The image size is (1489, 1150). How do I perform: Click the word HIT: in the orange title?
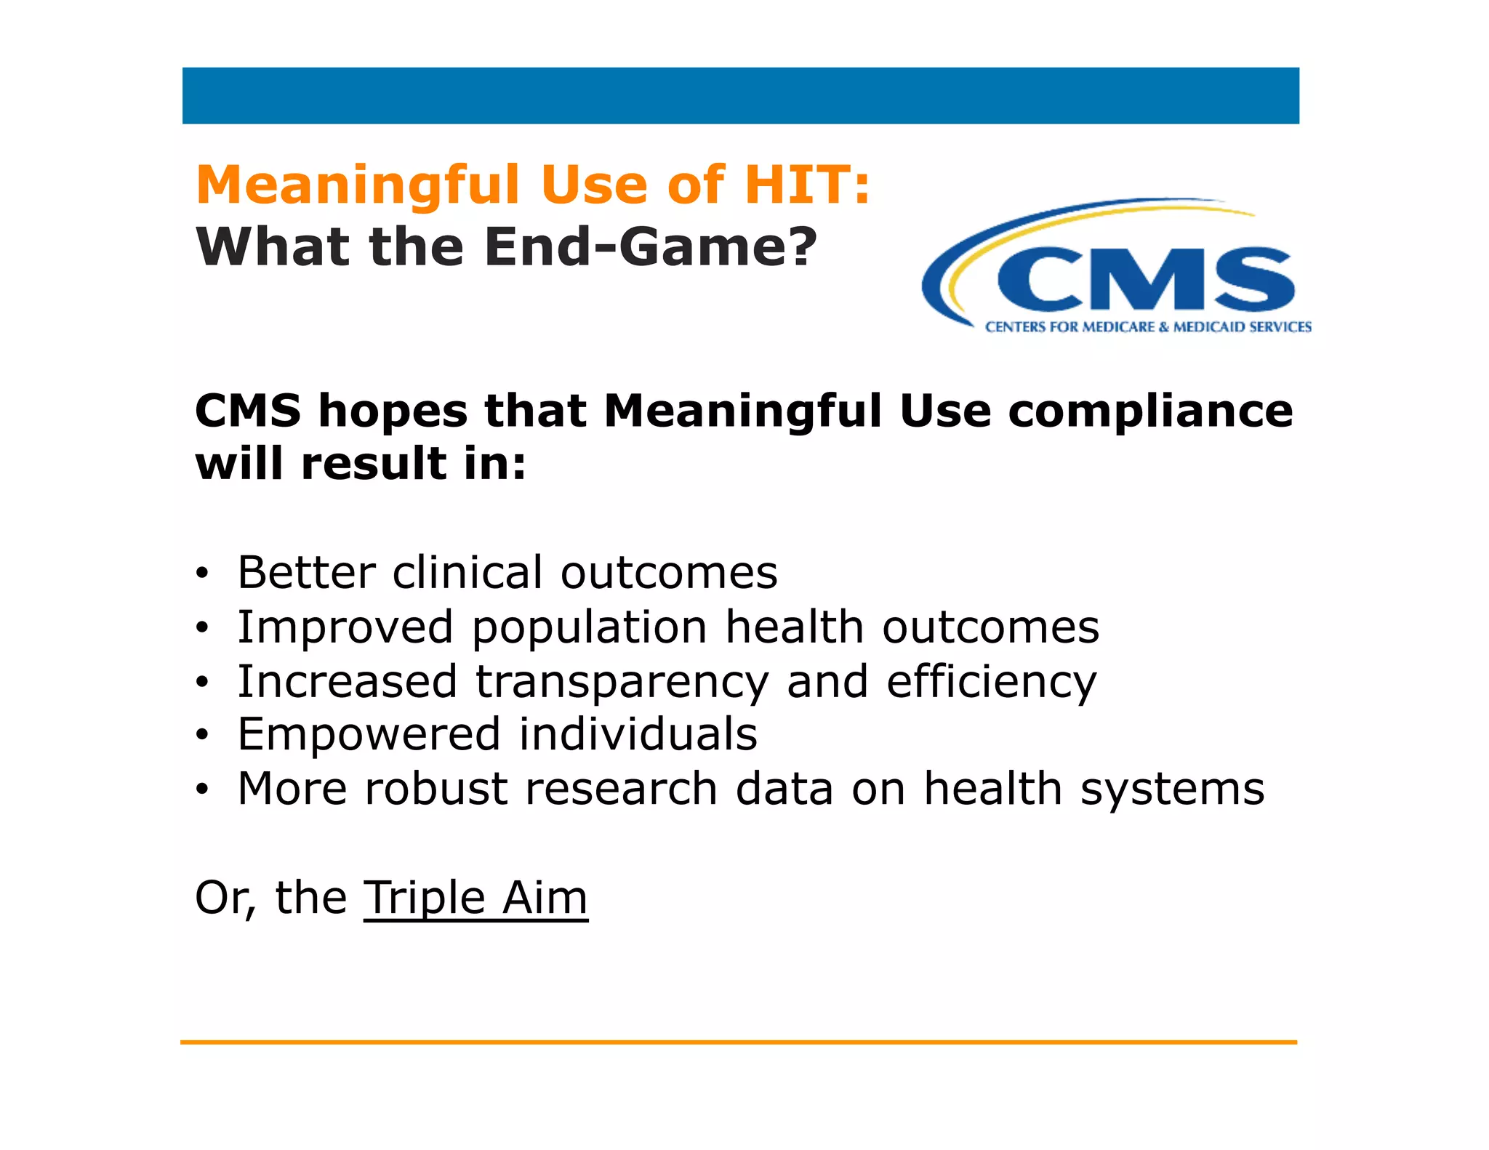pyautogui.click(x=807, y=185)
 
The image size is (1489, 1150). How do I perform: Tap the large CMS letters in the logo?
pyautogui.click(x=1145, y=280)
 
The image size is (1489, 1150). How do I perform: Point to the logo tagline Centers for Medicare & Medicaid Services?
pyautogui.click(x=1148, y=327)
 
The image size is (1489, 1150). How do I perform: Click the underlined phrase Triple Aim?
pyautogui.click(x=475, y=898)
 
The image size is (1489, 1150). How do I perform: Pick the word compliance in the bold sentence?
pyautogui.click(x=1150, y=411)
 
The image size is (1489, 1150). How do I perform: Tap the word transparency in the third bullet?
pyautogui.click(x=622, y=682)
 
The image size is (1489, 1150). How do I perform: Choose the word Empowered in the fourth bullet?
pyautogui.click(x=369, y=734)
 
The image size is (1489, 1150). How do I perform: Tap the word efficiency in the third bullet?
pyautogui.click(x=990, y=682)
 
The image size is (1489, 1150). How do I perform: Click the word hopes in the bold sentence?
pyautogui.click(x=393, y=411)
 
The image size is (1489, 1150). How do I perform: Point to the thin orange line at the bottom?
pyautogui.click(x=738, y=1042)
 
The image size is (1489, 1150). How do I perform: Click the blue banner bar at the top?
pyautogui.click(x=740, y=95)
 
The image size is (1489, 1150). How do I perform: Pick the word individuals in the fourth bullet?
pyautogui.click(x=638, y=734)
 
